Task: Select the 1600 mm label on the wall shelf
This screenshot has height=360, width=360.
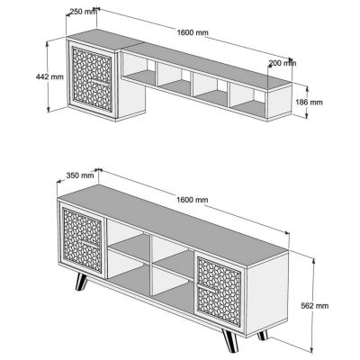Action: [x=193, y=33]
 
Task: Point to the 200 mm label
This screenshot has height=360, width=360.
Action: [x=282, y=63]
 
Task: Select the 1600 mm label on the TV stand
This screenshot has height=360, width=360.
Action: [x=193, y=199]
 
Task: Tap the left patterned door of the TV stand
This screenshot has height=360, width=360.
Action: [x=82, y=244]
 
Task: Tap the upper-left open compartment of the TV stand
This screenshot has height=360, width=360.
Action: [x=128, y=243]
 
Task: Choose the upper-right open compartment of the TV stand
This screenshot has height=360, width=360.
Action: [x=171, y=254]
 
